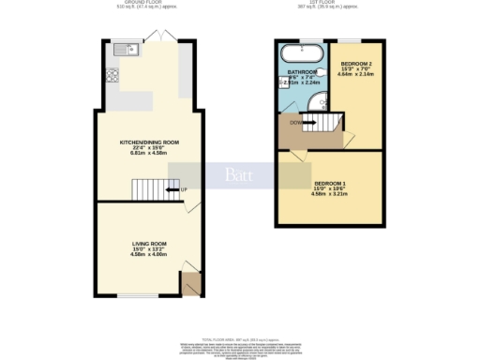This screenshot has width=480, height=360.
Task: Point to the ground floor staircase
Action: coord(148,190)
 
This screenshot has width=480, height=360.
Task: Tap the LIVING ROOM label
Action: coord(148,242)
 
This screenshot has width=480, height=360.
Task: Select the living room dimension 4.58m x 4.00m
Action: coord(148,253)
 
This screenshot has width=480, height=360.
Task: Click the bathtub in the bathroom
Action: coord(303,52)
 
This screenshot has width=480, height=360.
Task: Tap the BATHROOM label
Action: coord(302,71)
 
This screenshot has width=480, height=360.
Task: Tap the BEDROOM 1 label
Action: coord(330,182)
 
